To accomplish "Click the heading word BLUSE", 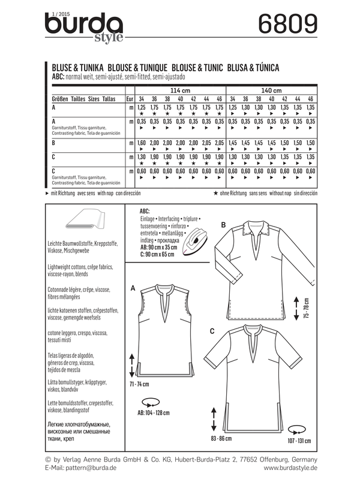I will click(60, 67).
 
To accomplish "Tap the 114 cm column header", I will click(182, 90).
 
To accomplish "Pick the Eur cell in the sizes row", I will click(129, 98).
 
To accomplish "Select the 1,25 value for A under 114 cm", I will click(142, 107).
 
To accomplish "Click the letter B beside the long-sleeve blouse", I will click(223, 225).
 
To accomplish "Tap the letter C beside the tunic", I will click(213, 331).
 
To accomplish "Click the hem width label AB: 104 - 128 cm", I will click(149, 413).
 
